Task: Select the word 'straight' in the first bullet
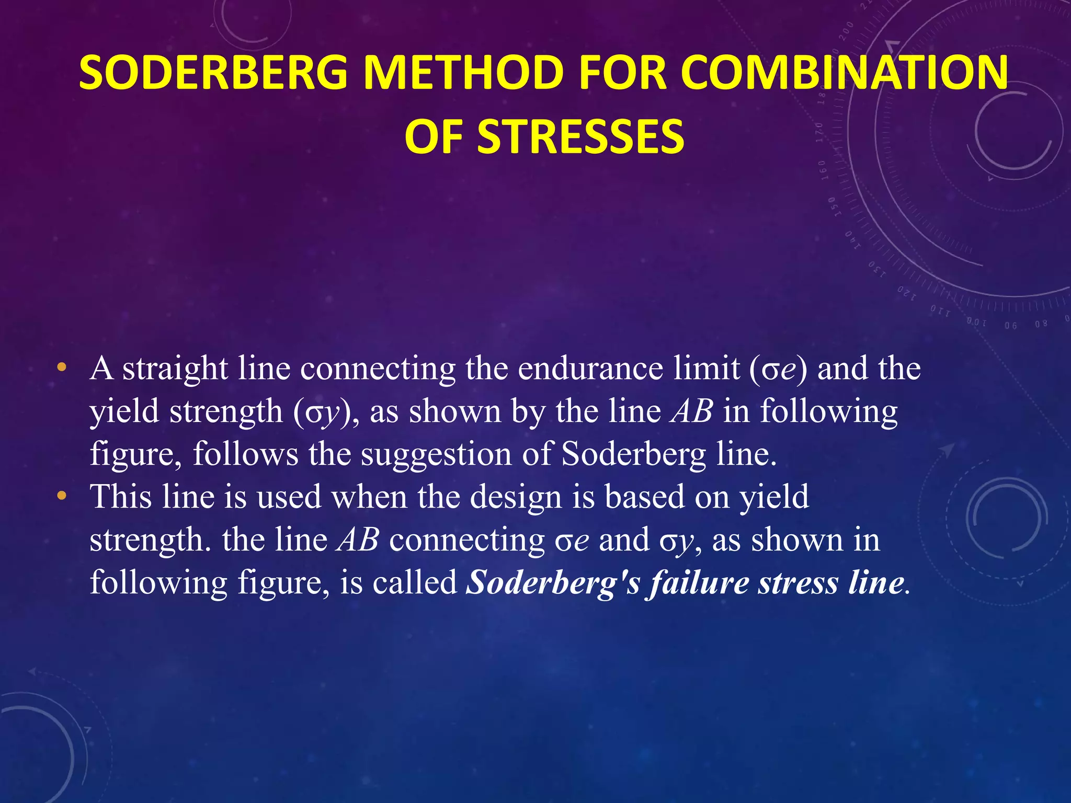point(175,369)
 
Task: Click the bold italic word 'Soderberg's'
point(553,582)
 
